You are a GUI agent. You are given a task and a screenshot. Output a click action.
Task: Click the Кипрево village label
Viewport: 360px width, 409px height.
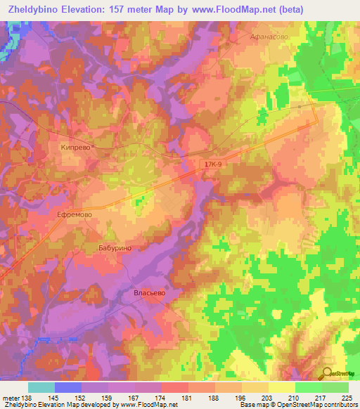(76, 148)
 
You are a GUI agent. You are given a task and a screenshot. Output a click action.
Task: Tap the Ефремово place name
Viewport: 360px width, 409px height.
(75, 217)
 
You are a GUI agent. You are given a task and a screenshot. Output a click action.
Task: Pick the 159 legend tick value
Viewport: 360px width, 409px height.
(108, 398)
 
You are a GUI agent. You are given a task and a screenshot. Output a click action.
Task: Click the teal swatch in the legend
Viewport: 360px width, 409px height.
(41, 387)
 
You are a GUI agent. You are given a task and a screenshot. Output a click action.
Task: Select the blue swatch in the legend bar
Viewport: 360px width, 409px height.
(67, 387)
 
